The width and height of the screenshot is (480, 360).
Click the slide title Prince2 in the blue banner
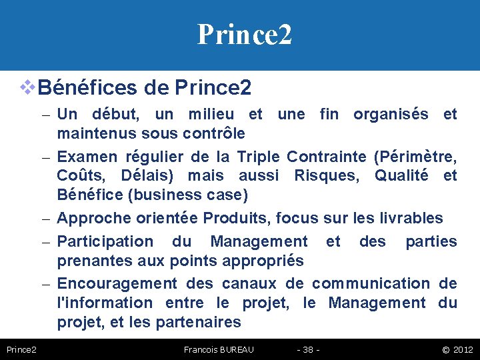pos(244,34)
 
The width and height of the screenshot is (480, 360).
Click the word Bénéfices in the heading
pos(83,87)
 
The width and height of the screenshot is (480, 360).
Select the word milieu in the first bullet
pos(210,114)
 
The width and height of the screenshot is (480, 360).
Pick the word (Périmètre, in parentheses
pos(415,157)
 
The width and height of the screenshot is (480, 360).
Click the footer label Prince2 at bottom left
pos(21,349)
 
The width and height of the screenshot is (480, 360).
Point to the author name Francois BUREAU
pos(219,349)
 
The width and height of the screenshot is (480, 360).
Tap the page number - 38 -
pos(308,349)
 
